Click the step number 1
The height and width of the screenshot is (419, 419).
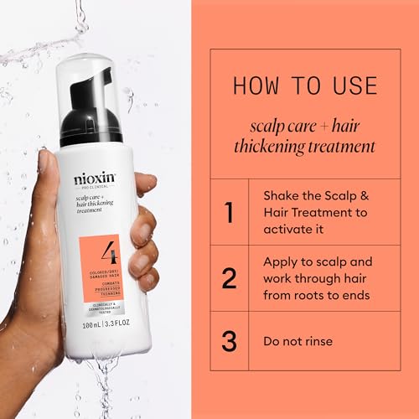(x=230, y=211)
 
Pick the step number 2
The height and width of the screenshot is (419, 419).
(x=230, y=278)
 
